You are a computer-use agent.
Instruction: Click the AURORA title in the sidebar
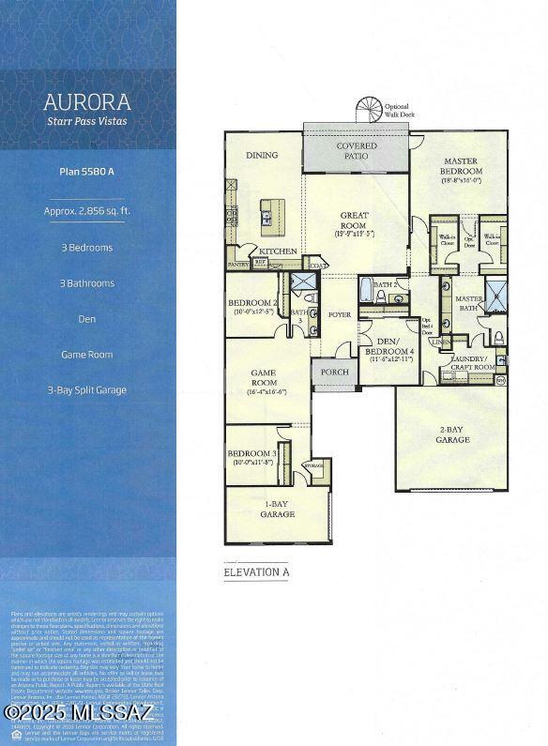point(86,101)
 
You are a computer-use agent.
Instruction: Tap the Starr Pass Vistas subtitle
point(86,120)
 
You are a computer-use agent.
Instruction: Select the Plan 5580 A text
point(86,172)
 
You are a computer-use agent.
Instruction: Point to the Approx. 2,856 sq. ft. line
point(86,211)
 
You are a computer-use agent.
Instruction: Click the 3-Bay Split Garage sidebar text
point(86,389)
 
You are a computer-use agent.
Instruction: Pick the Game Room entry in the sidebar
point(86,355)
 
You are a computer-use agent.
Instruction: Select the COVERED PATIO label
point(356,151)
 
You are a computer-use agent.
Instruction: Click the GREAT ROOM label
point(355,221)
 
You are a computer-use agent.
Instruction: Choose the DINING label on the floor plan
point(262,156)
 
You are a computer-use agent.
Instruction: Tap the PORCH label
point(334,373)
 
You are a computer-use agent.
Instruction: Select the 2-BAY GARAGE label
point(451,434)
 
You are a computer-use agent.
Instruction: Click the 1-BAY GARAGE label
point(278,510)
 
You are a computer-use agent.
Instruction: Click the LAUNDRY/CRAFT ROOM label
point(468,362)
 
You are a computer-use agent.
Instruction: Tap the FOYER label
point(339,314)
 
